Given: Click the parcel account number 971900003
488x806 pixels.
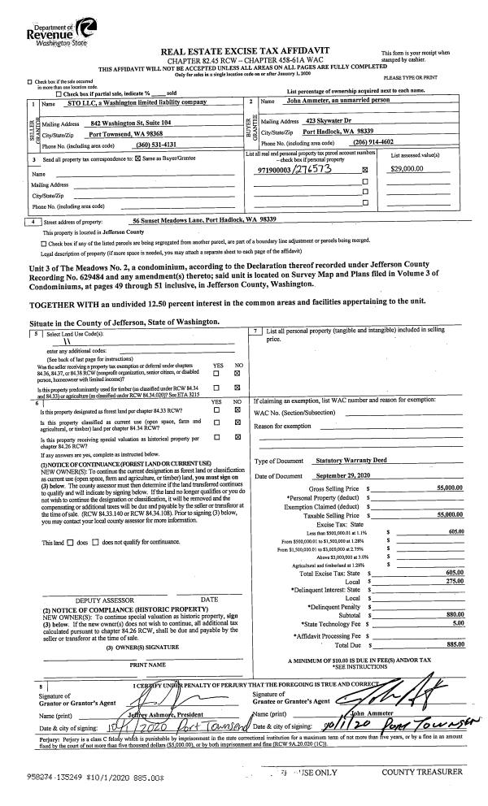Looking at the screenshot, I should click(x=272, y=169).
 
